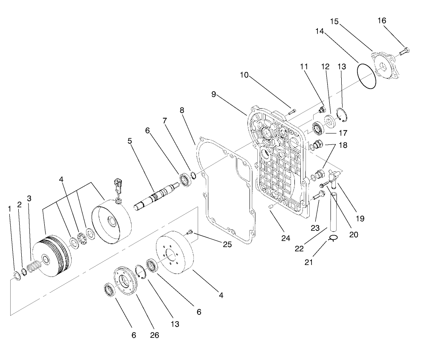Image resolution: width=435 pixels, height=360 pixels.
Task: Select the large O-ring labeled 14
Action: pyautogui.click(x=367, y=77)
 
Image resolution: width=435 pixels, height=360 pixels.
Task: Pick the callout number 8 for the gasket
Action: pyautogui.click(x=182, y=110)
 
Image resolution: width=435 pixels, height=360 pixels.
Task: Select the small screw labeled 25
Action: pyautogui.click(x=190, y=232)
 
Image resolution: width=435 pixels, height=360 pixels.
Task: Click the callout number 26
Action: pyautogui.click(x=154, y=335)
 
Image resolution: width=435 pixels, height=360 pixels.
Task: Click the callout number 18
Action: pyautogui.click(x=343, y=145)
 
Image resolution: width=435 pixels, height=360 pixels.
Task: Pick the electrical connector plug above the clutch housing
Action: pyautogui.click(x=117, y=187)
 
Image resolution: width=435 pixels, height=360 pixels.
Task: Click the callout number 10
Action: pyautogui.click(x=244, y=75)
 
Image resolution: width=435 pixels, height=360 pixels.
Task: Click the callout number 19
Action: pyautogui.click(x=360, y=219)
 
